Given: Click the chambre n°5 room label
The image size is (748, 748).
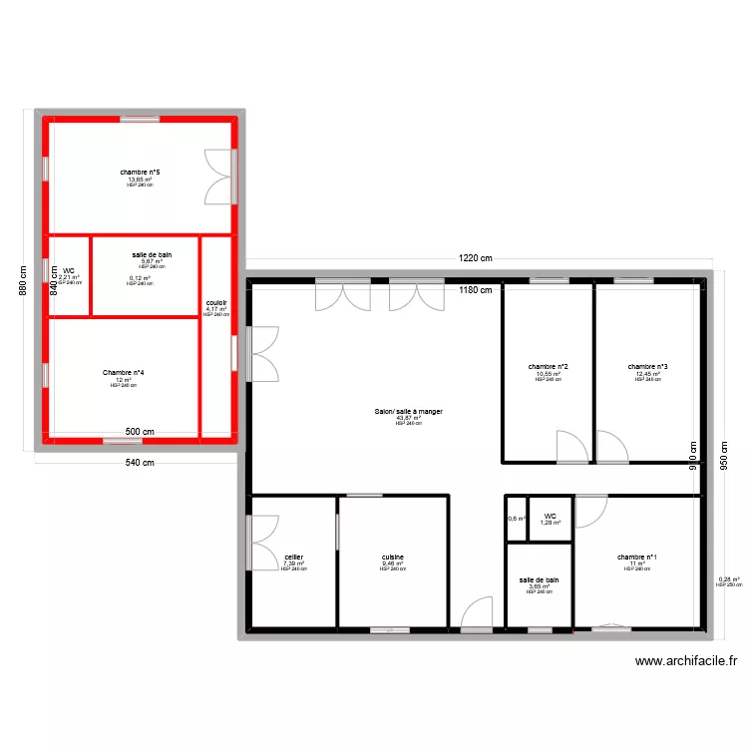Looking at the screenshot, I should click(x=140, y=173).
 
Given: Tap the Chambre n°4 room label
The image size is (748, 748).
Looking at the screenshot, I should click(x=123, y=372).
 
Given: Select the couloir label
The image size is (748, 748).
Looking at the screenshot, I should click(x=215, y=302).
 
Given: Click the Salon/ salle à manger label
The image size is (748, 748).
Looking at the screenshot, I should click(x=408, y=411).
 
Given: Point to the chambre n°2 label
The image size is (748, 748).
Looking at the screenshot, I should click(x=548, y=366).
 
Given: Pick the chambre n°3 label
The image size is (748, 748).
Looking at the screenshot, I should click(x=647, y=366).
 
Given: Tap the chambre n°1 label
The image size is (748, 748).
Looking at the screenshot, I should click(x=636, y=557).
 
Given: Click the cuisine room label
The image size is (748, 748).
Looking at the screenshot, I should click(x=392, y=557).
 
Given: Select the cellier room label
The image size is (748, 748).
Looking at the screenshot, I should click(x=293, y=557).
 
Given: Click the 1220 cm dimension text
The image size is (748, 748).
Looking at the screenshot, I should click(x=476, y=258).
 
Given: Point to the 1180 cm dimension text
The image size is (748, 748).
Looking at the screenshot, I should click(x=476, y=290).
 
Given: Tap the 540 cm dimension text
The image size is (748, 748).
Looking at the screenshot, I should click(x=139, y=462).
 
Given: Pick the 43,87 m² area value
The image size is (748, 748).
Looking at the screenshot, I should click(x=408, y=418).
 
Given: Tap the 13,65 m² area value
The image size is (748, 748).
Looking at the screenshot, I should click(x=140, y=180).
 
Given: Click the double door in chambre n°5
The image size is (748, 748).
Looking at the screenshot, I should click(x=219, y=177).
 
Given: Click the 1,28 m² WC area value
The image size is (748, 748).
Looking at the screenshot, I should click(x=550, y=523).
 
